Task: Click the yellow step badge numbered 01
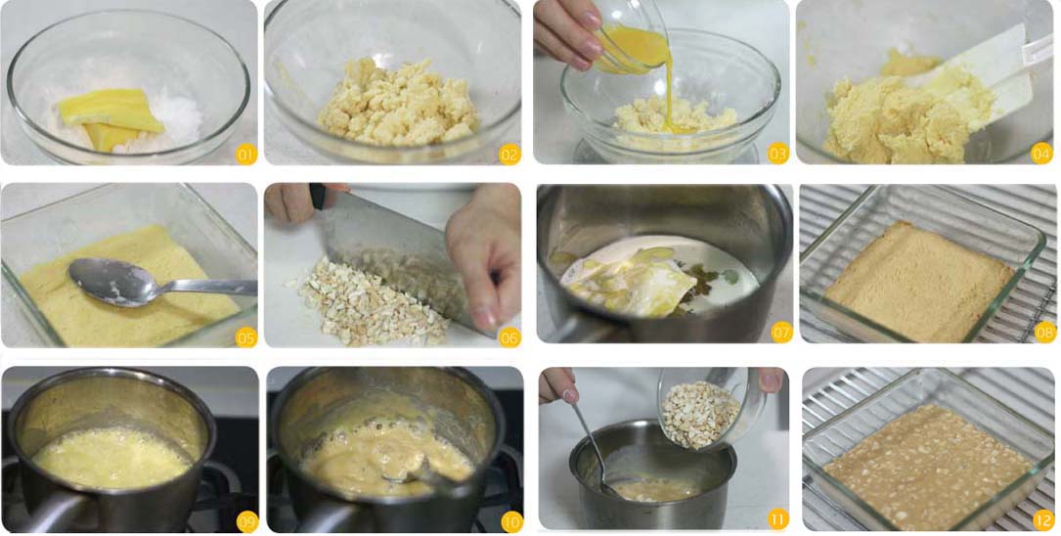pos(246,155)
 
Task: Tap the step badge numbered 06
pos(509,337)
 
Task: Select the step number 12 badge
pos(1042,519)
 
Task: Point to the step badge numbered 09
pos(247,521)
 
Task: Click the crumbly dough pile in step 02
pos(398,102)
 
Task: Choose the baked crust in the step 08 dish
pos(919,281)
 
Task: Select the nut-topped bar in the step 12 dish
pos(928,466)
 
